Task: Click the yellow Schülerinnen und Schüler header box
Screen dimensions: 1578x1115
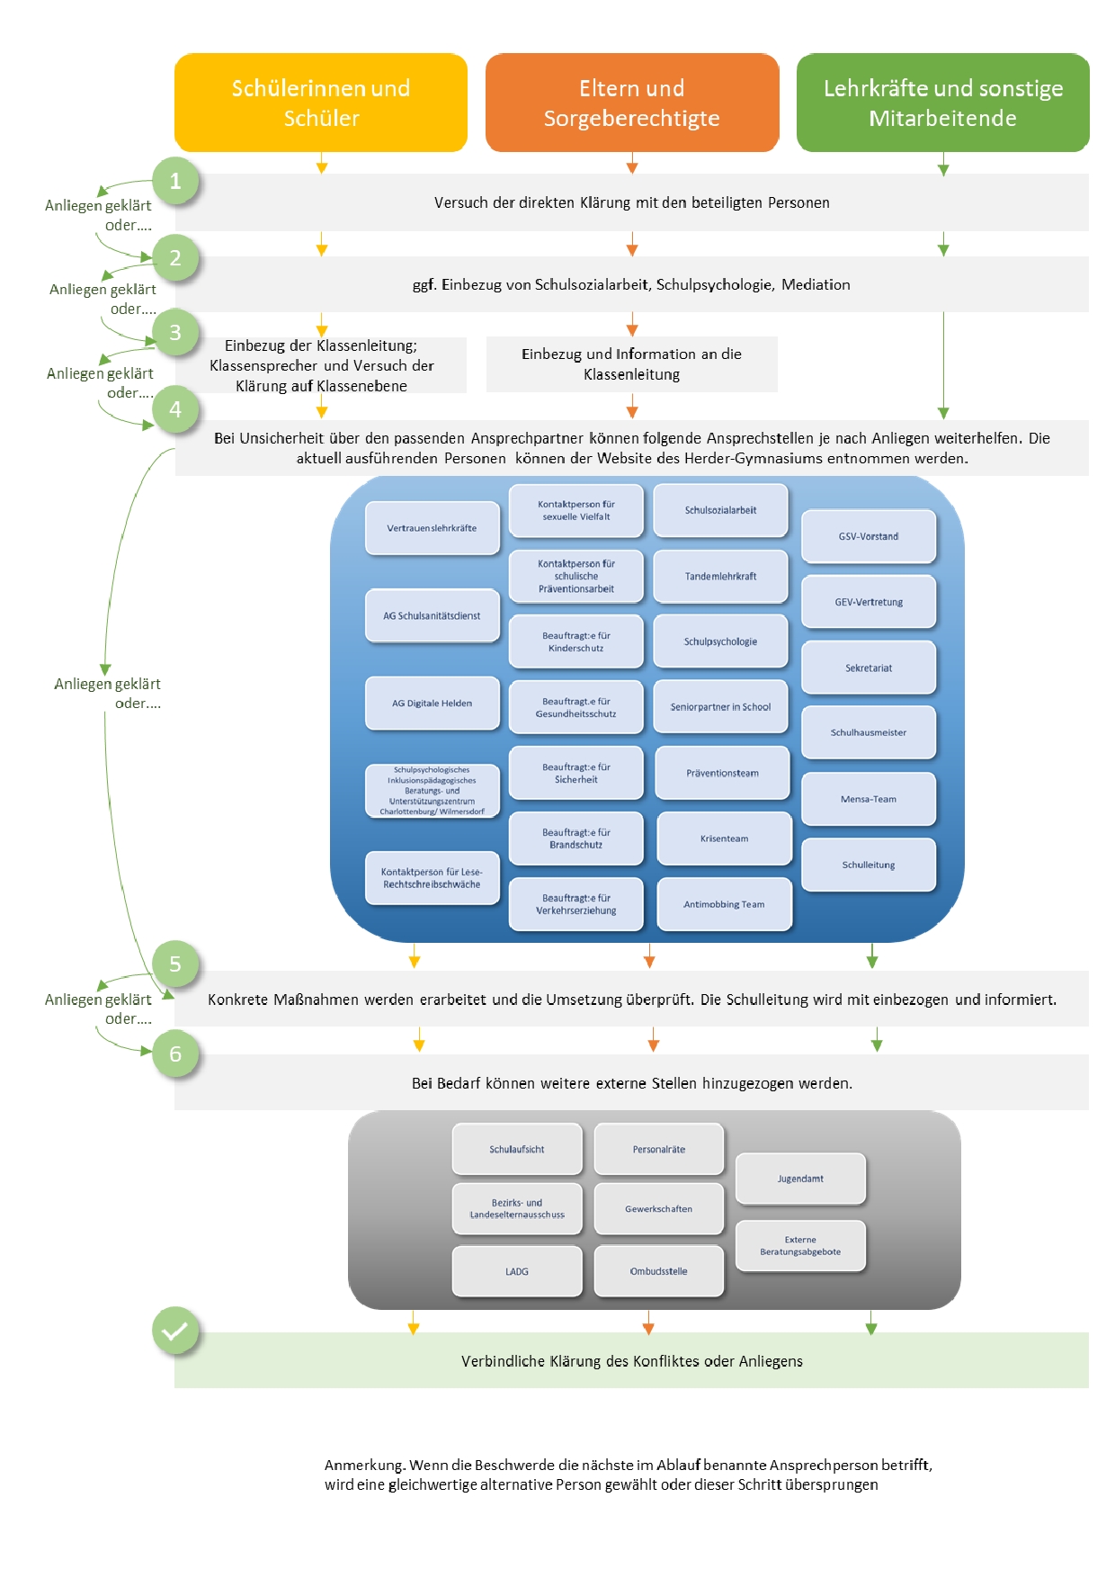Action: pyautogui.click(x=321, y=103)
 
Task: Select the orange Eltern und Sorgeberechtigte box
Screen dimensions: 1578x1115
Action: pyautogui.click(x=632, y=103)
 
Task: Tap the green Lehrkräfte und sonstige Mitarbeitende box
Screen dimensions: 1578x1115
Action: pyautogui.click(x=942, y=103)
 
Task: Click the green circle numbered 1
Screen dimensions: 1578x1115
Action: pyautogui.click(x=175, y=181)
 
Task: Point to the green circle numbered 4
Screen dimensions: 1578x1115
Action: pyautogui.click(x=175, y=409)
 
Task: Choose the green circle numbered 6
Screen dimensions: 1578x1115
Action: pyautogui.click(x=175, y=1053)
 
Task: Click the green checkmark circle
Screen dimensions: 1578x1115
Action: pyautogui.click(x=175, y=1331)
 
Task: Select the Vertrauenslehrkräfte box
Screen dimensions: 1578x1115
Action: pyautogui.click(x=433, y=528)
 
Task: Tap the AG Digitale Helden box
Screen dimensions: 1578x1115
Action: pyautogui.click(x=433, y=704)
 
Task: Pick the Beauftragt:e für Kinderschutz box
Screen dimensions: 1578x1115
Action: pyautogui.click(x=576, y=641)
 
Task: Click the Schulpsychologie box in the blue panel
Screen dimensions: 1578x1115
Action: pyautogui.click(x=720, y=641)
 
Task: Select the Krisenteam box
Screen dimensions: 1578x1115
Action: pyautogui.click(x=724, y=838)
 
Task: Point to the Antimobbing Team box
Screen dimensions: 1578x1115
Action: pyautogui.click(x=724, y=904)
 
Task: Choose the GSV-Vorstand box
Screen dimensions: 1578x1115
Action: pyautogui.click(x=869, y=536)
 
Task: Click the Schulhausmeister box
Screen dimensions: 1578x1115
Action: pyautogui.click(x=869, y=732)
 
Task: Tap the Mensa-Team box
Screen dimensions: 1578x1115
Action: pyautogui.click(x=869, y=799)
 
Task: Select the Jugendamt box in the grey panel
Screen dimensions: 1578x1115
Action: pyautogui.click(x=800, y=1179)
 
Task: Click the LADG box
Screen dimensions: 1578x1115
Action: pyautogui.click(x=517, y=1271)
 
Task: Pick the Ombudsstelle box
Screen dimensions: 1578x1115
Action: pyautogui.click(x=659, y=1271)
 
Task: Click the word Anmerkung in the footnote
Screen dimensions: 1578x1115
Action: pyautogui.click(x=364, y=1465)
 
